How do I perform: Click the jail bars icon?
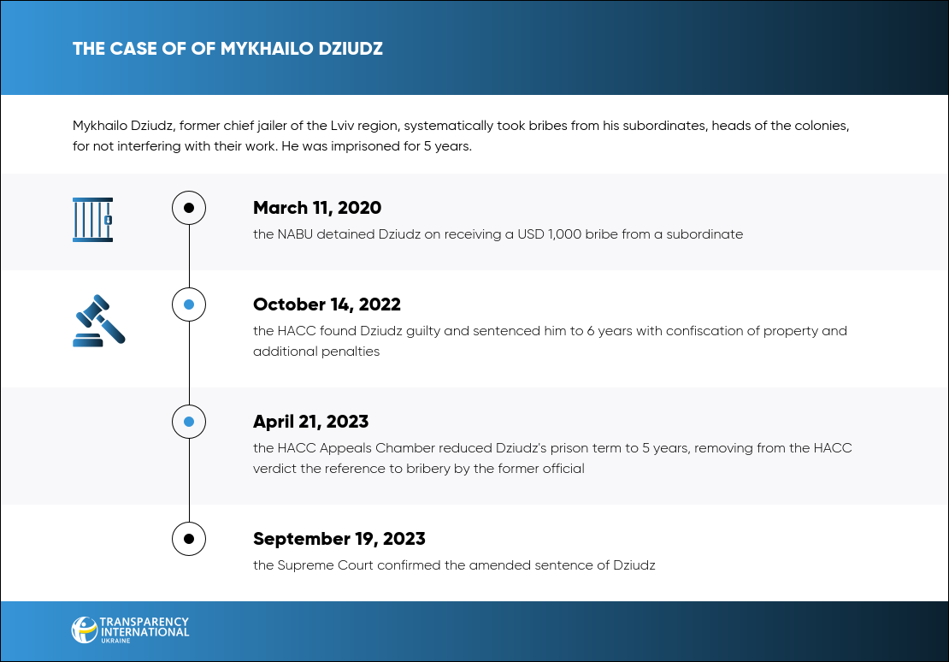click(92, 220)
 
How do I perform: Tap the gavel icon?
click(98, 321)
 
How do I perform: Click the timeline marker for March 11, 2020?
click(189, 208)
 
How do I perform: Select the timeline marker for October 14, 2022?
click(189, 304)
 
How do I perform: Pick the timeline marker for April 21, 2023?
click(189, 422)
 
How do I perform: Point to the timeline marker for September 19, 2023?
click(189, 539)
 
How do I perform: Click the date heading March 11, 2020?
click(317, 208)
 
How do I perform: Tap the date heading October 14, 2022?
click(327, 304)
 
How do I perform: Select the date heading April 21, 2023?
click(310, 422)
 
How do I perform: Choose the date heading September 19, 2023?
click(339, 539)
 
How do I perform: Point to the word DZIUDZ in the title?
click(351, 49)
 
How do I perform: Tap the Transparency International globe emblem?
click(84, 629)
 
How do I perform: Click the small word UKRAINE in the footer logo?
click(115, 641)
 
